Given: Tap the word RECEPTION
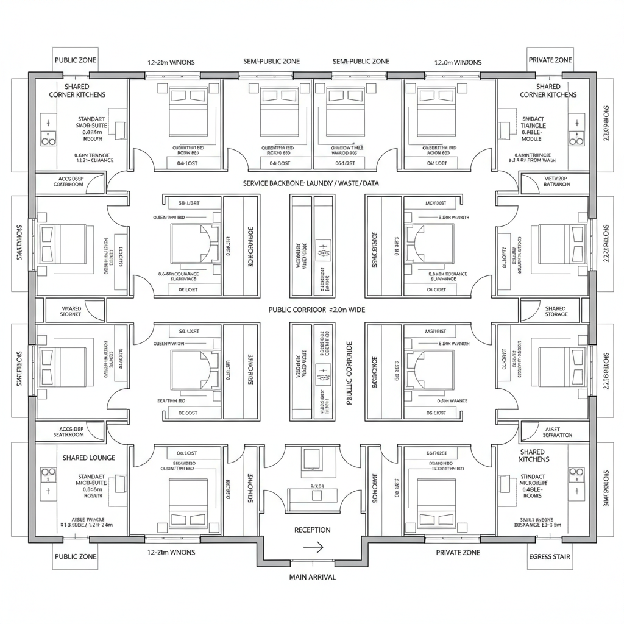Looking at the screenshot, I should click(x=312, y=530).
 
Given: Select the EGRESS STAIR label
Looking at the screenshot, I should click(x=548, y=556).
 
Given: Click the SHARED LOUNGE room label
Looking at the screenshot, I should click(x=88, y=458).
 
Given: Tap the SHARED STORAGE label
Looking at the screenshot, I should click(x=555, y=311).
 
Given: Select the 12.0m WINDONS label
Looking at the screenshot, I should click(x=457, y=62).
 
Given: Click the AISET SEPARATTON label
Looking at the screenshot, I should click(x=555, y=432).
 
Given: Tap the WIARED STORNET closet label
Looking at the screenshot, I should click(x=71, y=311).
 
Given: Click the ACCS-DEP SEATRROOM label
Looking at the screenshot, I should click(x=71, y=432).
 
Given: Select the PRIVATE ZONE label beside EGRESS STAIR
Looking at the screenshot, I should click(x=458, y=552).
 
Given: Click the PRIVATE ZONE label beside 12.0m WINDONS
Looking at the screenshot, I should click(x=549, y=60).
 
